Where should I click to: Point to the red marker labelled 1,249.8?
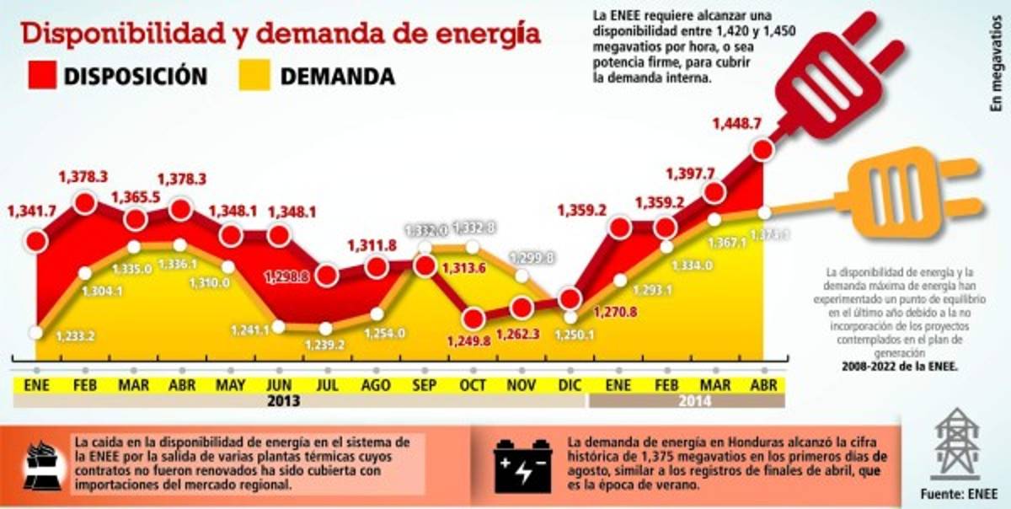[473, 318]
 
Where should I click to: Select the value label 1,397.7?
[690, 174]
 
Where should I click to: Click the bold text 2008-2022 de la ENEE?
[900, 368]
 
